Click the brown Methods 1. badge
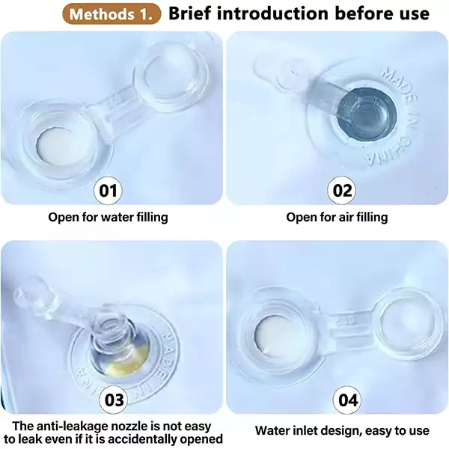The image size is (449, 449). click(112, 13)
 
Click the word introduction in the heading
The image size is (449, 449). click(272, 13)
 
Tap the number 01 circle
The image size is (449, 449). click(108, 190)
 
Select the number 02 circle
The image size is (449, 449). click(342, 190)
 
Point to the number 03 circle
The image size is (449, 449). click(114, 400)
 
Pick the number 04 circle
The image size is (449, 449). click(348, 400)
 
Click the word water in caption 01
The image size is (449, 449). click(117, 217)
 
